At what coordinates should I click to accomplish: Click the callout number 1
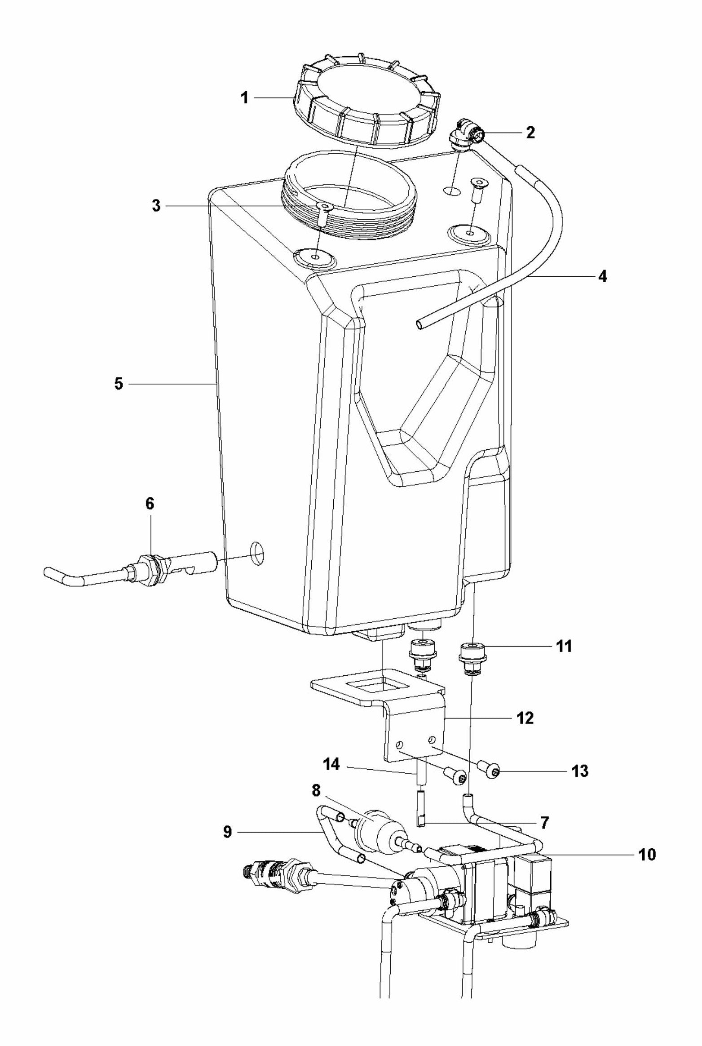[245, 98]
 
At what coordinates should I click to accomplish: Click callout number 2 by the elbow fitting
[530, 133]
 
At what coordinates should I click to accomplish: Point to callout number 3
[156, 207]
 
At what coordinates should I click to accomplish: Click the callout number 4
[602, 276]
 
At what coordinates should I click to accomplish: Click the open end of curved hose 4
[419, 324]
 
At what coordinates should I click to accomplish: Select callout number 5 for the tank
[118, 384]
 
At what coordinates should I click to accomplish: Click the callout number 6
[150, 504]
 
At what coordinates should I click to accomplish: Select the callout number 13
[579, 771]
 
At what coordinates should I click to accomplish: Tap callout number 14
[332, 764]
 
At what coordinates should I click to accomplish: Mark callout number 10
[646, 855]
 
